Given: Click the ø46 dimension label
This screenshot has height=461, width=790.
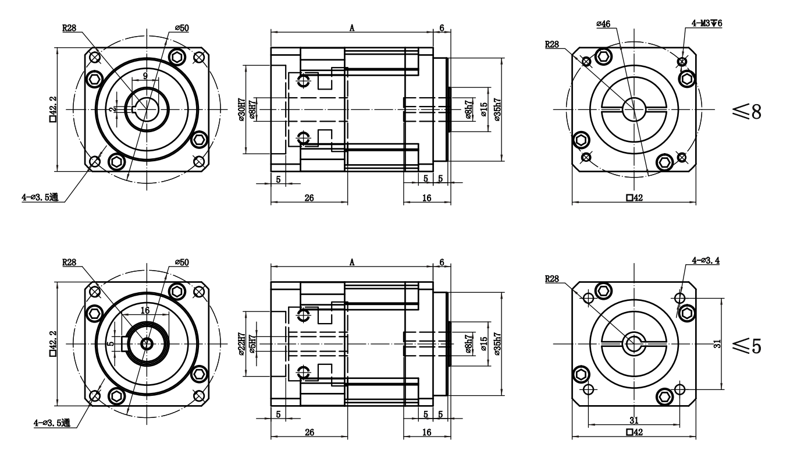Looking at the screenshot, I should click(x=603, y=24).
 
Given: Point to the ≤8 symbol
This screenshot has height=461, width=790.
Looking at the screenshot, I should click(x=748, y=112).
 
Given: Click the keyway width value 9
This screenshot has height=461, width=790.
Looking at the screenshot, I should click(x=144, y=75).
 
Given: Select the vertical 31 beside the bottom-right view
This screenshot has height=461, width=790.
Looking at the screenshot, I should click(x=718, y=344).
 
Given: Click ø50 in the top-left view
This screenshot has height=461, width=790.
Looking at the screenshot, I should click(x=182, y=27).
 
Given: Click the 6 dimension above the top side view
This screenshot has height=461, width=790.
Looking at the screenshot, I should click(x=442, y=27).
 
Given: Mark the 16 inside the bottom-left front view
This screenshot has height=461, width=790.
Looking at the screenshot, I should click(x=145, y=310).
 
